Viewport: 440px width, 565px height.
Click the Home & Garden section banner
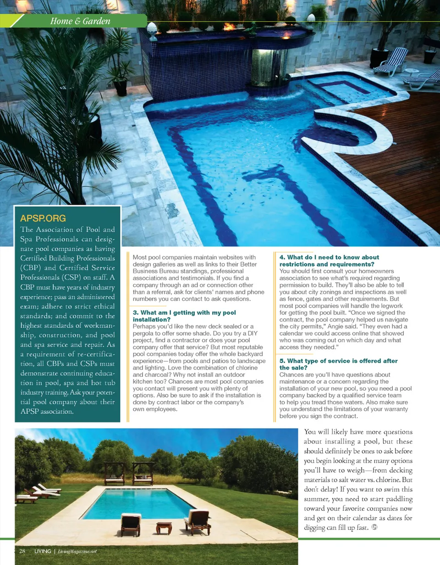pos(80,21)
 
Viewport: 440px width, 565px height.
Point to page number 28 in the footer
pos(22,551)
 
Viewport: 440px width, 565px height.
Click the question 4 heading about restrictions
pos(329,261)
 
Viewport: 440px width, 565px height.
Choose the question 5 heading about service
pos(338,364)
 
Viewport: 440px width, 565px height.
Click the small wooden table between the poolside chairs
pos(164,527)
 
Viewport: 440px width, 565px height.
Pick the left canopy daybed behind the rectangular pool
pos(114,474)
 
